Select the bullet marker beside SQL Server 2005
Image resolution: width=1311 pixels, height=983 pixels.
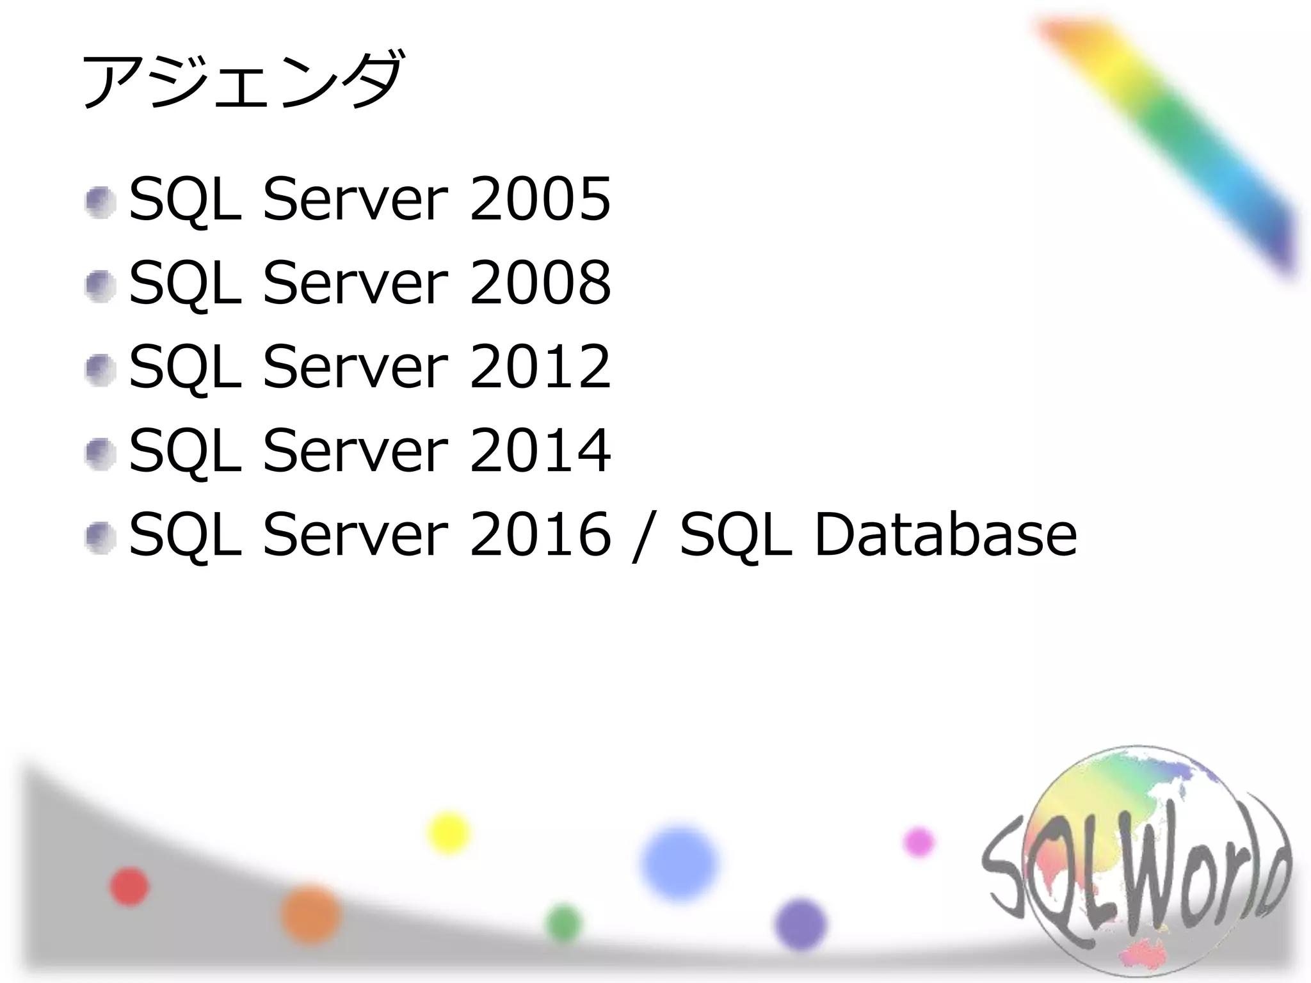tap(101, 203)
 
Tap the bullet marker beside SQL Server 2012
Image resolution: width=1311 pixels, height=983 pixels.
tap(101, 370)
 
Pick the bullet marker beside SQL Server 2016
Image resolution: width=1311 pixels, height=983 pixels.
tap(101, 538)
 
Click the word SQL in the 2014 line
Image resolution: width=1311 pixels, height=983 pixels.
tap(185, 451)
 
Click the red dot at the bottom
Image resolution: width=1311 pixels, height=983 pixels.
tap(129, 887)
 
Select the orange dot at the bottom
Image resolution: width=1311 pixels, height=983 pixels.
tap(310, 914)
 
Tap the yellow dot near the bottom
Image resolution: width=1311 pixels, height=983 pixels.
tap(448, 833)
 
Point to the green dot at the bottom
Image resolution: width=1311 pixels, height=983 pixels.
tap(564, 923)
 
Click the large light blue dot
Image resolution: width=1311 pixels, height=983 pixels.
tap(680, 863)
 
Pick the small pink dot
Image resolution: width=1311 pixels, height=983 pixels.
tap(919, 842)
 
